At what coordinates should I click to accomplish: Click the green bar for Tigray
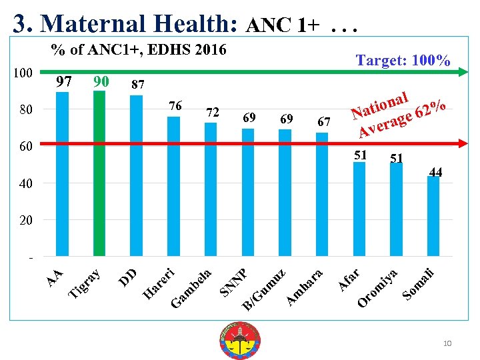coord(99,173)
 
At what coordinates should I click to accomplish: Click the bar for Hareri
coord(173,186)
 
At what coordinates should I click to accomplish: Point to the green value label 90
coord(101,82)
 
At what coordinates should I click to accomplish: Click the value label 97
coord(64,82)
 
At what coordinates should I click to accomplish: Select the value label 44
coord(435,172)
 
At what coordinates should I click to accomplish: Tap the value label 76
coord(175,106)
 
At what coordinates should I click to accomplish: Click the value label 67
coord(324,121)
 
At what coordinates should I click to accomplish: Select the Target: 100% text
coord(403,61)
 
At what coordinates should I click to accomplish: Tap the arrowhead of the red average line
coord(461,143)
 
